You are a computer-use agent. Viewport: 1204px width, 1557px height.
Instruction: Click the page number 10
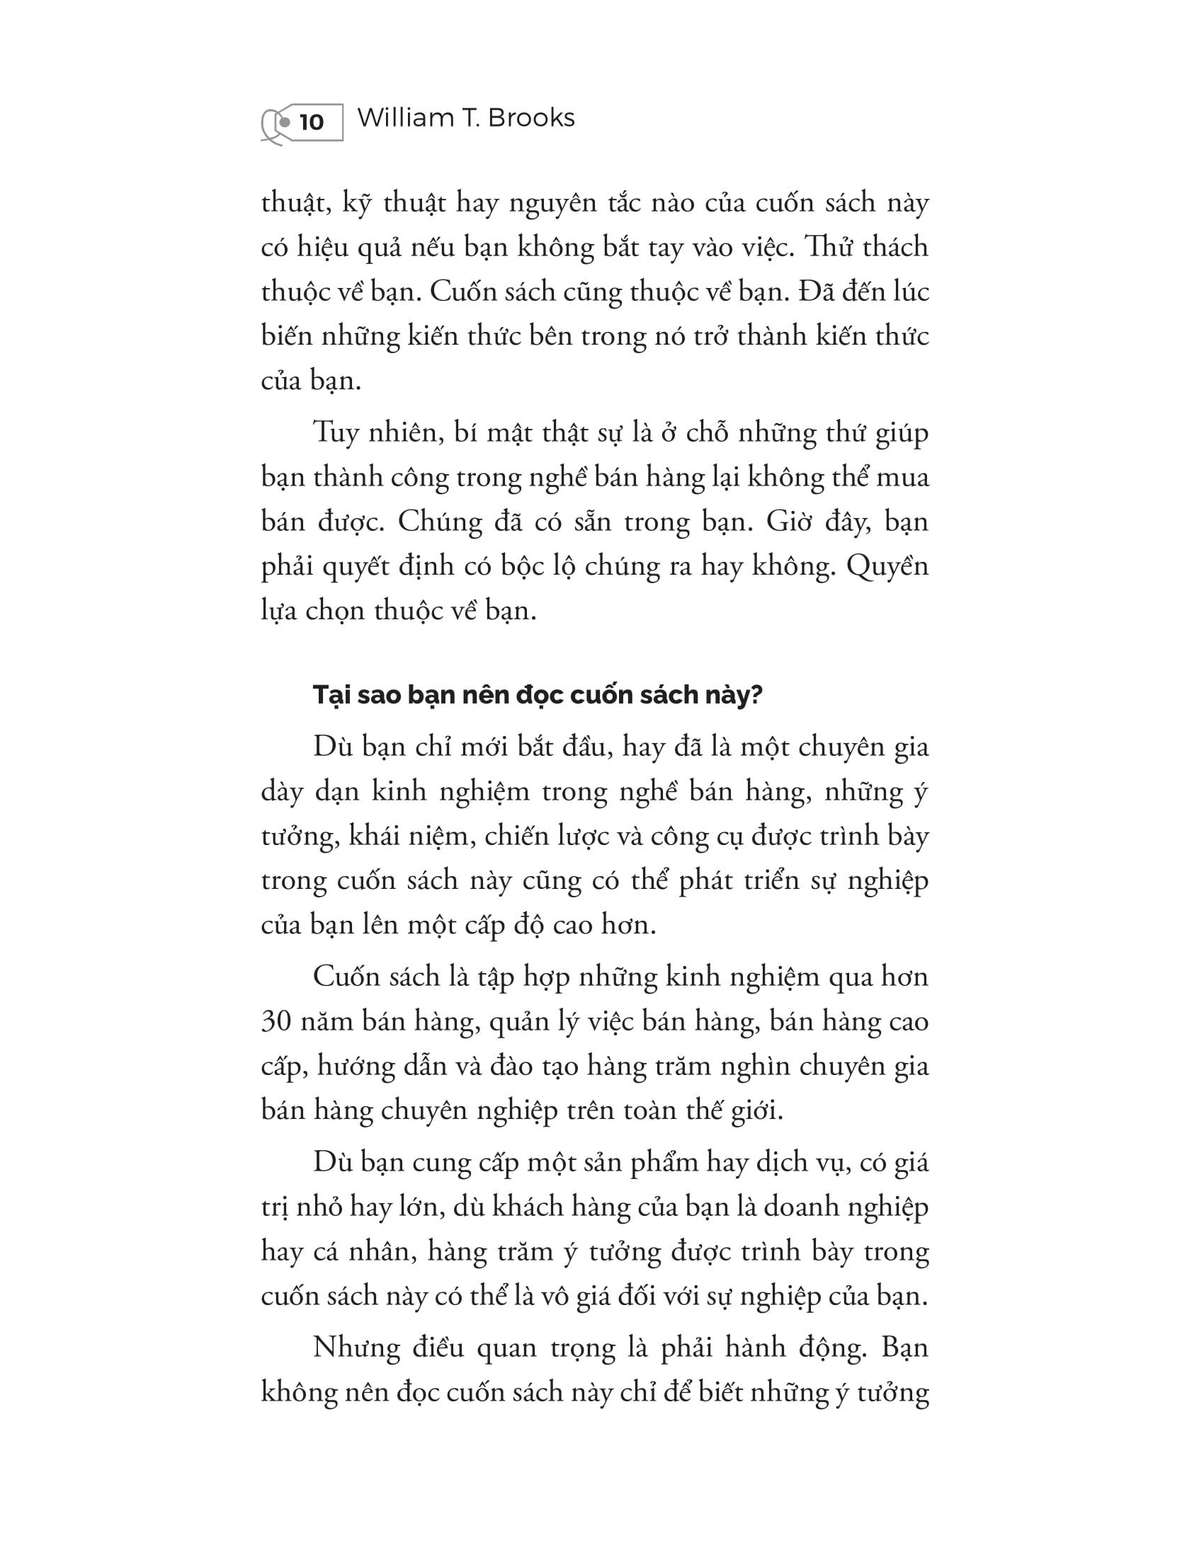tap(312, 122)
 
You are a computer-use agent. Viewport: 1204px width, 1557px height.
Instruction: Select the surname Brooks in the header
tap(531, 117)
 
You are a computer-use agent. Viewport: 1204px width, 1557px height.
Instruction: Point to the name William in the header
tap(406, 117)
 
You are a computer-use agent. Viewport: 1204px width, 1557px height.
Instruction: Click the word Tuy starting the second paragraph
tap(335, 433)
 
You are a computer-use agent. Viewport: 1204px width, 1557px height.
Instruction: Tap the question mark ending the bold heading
tap(756, 694)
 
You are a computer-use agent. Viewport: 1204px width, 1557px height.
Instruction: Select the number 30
tap(277, 1021)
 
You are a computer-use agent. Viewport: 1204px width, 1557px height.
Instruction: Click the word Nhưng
tap(357, 1348)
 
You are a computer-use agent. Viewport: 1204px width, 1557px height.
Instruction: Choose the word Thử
tap(827, 248)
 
